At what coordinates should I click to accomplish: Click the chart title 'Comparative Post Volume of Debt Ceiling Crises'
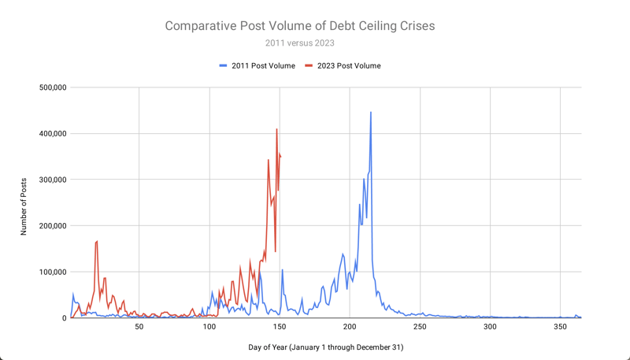(x=299, y=26)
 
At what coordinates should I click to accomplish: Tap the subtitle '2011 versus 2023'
(x=299, y=43)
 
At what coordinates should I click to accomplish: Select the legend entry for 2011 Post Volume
(x=257, y=65)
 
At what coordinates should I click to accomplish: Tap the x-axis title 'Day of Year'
(x=324, y=347)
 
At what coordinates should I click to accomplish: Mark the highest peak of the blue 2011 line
(x=371, y=113)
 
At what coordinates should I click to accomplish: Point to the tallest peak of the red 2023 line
(x=277, y=129)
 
